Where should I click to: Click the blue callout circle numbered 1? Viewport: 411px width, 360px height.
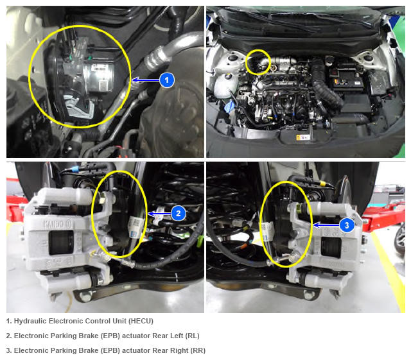(x=167, y=80)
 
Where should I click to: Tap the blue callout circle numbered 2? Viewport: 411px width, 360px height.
(x=179, y=213)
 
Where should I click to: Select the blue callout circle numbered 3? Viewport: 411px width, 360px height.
(x=347, y=225)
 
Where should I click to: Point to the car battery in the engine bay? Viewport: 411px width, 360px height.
(x=346, y=78)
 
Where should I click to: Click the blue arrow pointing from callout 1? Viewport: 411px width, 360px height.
(x=146, y=80)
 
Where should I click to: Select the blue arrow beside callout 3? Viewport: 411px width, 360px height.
(x=326, y=225)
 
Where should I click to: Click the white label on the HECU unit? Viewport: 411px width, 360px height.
(x=99, y=67)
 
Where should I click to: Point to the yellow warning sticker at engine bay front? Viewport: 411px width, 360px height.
(x=302, y=137)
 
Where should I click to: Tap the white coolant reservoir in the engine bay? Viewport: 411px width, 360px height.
(x=223, y=84)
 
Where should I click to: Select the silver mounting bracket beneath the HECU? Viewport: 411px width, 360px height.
(x=80, y=107)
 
